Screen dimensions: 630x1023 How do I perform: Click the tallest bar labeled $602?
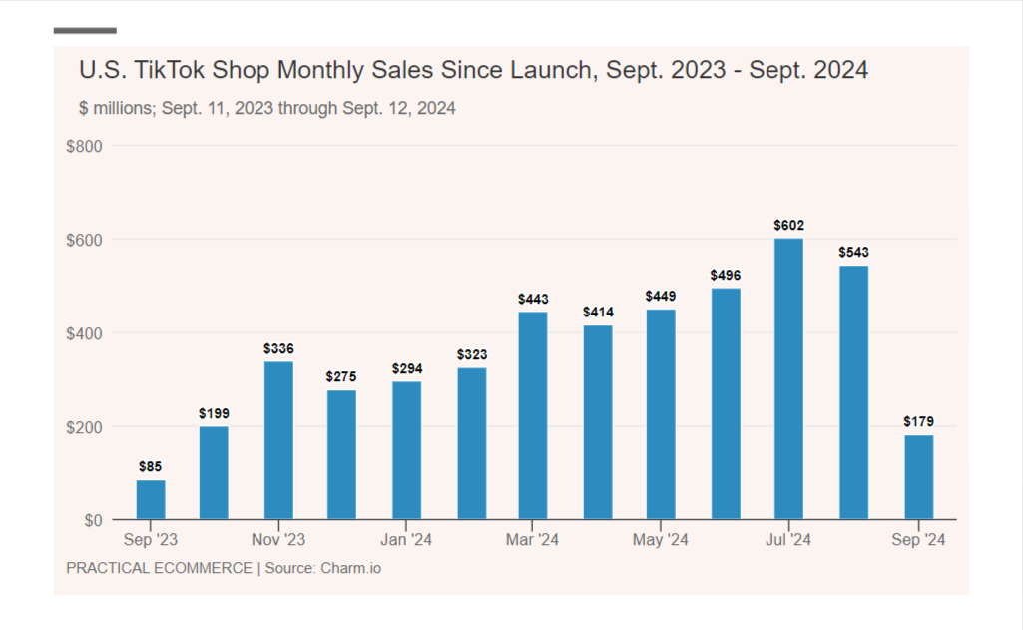(788, 378)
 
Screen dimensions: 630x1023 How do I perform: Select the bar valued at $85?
(151, 499)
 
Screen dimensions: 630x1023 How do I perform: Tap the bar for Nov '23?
(278, 440)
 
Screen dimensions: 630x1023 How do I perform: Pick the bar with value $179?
(918, 476)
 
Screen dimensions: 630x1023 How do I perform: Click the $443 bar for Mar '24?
(534, 415)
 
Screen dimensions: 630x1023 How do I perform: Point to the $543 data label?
(853, 252)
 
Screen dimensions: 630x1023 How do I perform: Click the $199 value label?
(214, 413)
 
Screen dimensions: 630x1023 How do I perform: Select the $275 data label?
(341, 376)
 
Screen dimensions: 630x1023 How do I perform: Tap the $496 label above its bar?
(726, 275)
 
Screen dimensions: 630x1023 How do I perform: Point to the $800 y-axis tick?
(84, 147)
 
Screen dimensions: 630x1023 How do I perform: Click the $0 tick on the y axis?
(92, 520)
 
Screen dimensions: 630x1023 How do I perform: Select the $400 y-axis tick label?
(84, 333)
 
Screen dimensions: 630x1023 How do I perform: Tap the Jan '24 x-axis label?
(406, 541)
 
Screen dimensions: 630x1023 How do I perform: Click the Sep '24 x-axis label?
(917, 541)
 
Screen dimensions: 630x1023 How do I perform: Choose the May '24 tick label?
(661, 541)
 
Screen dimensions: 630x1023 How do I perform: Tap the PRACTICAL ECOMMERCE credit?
(159, 569)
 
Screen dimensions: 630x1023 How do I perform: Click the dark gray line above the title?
(85, 31)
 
